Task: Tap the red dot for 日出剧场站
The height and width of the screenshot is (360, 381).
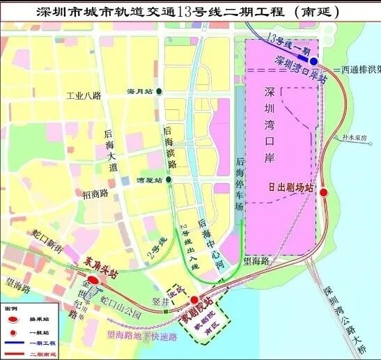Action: [x=322, y=193]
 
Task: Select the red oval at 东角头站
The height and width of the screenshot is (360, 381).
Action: [x=94, y=280]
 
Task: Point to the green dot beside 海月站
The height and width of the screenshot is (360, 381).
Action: [x=160, y=91]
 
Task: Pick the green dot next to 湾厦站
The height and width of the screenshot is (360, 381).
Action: [x=168, y=180]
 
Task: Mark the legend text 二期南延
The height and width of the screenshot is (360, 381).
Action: [x=45, y=354]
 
